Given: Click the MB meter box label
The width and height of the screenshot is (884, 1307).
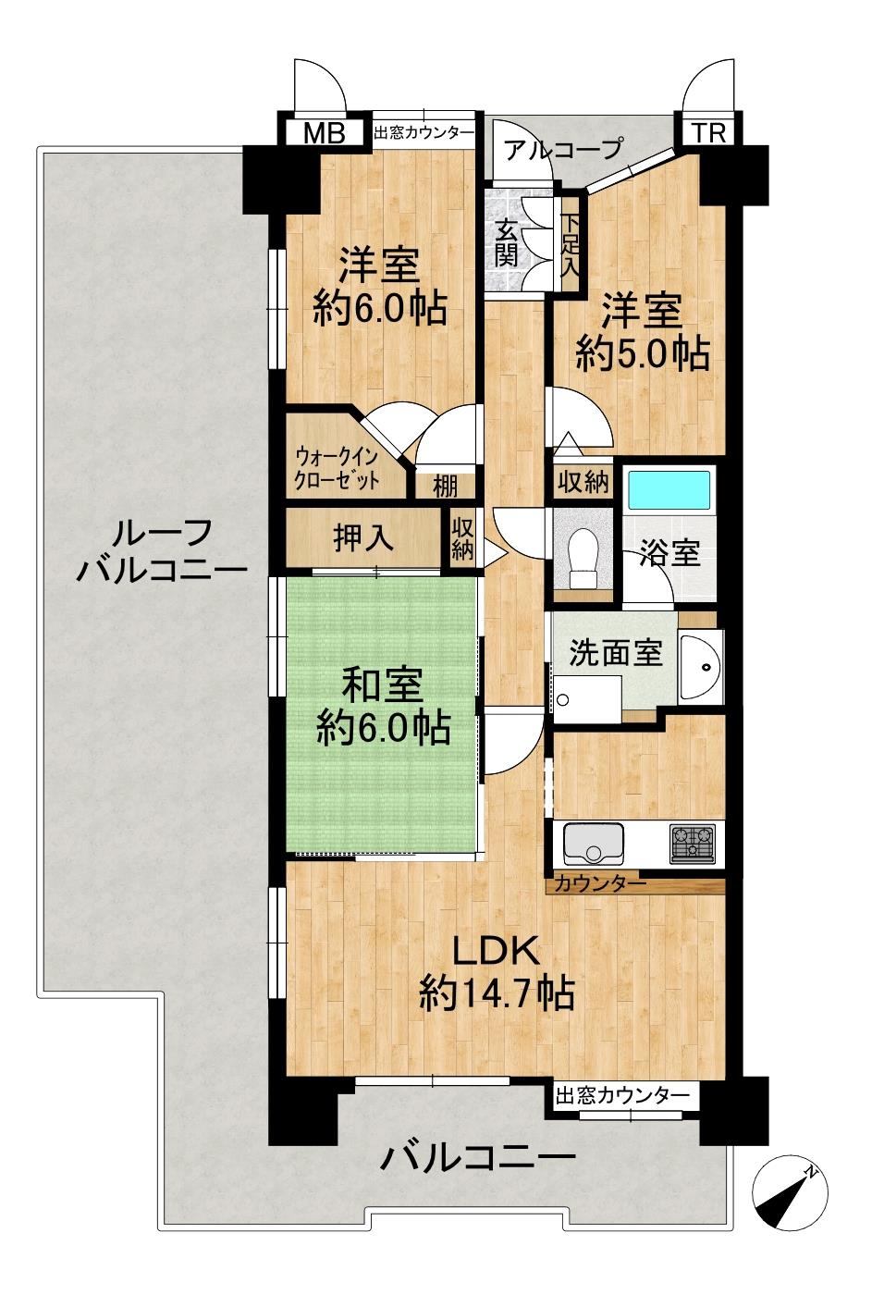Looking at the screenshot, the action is [x=325, y=133].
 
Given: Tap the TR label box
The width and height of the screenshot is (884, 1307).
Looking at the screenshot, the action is [x=709, y=133].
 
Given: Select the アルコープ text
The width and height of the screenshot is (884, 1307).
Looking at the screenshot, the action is [x=563, y=149].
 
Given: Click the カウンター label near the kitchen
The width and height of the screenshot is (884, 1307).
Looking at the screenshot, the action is [x=600, y=884].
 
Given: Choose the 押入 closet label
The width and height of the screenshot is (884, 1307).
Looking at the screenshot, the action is [x=363, y=537].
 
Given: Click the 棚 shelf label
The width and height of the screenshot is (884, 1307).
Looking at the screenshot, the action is [x=445, y=486].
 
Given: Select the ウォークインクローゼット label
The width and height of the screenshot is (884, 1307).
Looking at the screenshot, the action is [x=337, y=468].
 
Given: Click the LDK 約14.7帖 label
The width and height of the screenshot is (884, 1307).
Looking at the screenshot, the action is [x=497, y=970].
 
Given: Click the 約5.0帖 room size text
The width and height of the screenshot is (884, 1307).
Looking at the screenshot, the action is [x=642, y=353].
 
